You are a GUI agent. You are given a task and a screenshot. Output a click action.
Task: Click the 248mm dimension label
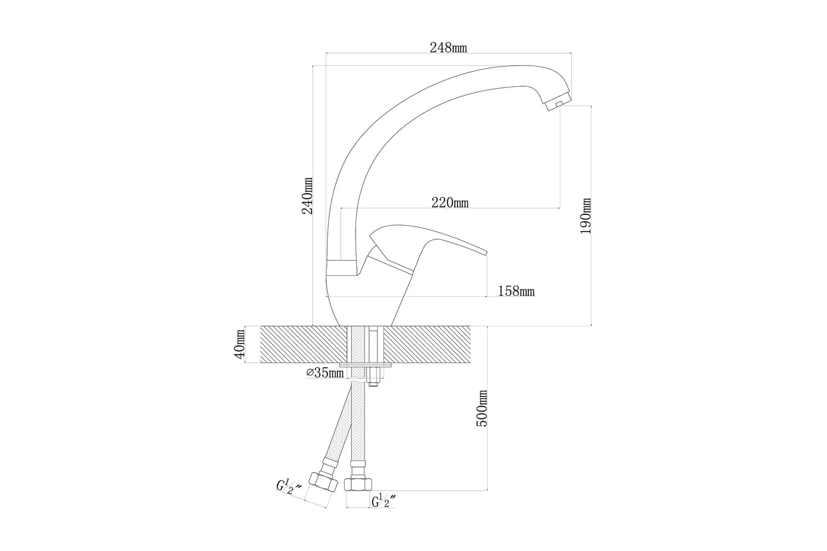448,48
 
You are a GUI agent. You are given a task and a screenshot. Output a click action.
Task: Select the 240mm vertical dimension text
307,196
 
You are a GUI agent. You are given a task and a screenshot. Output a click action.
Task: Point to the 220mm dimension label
450,202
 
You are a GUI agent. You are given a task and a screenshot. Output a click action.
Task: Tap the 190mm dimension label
585,216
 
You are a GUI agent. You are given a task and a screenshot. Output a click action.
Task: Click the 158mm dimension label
516,291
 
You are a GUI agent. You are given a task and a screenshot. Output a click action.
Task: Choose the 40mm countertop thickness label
239,344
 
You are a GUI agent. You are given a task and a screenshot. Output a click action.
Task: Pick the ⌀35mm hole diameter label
325,372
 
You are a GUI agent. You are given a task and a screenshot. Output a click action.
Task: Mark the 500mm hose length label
481,408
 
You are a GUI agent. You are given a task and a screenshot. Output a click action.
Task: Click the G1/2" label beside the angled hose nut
289,487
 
